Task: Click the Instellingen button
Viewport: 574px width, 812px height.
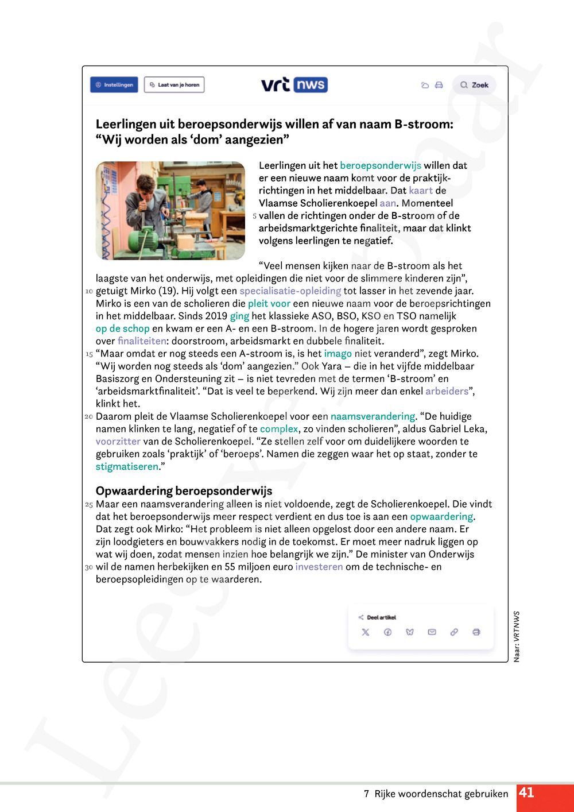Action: pyautogui.click(x=114, y=85)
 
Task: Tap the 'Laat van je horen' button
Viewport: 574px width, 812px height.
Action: pyautogui.click(x=174, y=85)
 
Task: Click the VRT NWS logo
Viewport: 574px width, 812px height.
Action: pyautogui.click(x=294, y=85)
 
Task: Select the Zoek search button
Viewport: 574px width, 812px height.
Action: pyautogui.click(x=474, y=85)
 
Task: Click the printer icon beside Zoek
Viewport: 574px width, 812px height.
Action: pyautogui.click(x=439, y=85)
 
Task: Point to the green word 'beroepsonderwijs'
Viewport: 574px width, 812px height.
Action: pyautogui.click(x=380, y=165)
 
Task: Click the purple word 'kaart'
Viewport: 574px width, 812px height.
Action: pyautogui.click(x=421, y=191)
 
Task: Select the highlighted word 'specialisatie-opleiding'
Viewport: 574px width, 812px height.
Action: pyautogui.click(x=290, y=291)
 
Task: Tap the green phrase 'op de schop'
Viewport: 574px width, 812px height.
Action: pyautogui.click(x=122, y=328)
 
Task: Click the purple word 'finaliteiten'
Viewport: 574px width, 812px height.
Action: pyautogui.click(x=142, y=341)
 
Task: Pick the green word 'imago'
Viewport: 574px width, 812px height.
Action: pyautogui.click(x=338, y=354)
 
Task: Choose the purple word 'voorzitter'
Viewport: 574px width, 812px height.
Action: pyautogui.click(x=118, y=442)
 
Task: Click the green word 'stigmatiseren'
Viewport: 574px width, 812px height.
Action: pyautogui.click(x=127, y=466)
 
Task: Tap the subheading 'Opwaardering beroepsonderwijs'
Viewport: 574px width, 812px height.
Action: pyautogui.click(x=184, y=491)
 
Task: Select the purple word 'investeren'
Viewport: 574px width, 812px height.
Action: pyautogui.click(x=319, y=567)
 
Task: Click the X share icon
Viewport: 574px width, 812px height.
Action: pyautogui.click(x=366, y=632)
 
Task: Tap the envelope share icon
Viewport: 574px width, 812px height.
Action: pyautogui.click(x=432, y=632)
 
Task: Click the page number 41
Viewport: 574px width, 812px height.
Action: pyautogui.click(x=527, y=793)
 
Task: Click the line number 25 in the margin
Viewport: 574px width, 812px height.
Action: pyautogui.click(x=89, y=505)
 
